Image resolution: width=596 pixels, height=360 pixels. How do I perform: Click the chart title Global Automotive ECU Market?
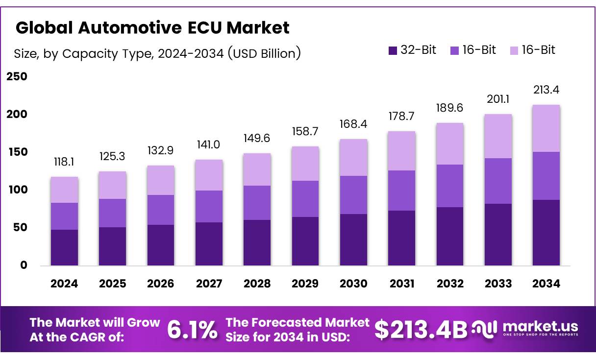(x=152, y=28)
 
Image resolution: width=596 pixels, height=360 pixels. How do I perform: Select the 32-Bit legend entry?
(x=412, y=50)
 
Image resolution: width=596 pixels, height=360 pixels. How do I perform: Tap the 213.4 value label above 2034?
(x=546, y=90)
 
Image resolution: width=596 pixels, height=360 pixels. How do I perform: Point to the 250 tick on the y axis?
(x=16, y=77)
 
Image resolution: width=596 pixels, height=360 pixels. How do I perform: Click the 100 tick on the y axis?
(x=16, y=190)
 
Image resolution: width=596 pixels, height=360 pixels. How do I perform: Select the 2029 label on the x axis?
(x=304, y=284)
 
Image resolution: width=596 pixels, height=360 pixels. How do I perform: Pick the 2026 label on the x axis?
(x=160, y=284)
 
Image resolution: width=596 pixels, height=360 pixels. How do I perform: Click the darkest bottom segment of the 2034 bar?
(x=546, y=233)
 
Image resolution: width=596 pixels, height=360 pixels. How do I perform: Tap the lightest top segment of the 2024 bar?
(x=64, y=190)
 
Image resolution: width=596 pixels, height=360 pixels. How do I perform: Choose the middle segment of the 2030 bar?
(x=352, y=195)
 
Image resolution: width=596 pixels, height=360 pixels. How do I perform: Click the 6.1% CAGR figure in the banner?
(x=192, y=330)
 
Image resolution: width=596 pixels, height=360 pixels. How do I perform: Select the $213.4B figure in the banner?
(x=421, y=330)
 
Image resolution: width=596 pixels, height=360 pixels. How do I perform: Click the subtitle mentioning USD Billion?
(x=157, y=53)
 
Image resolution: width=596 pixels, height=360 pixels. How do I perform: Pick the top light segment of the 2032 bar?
(x=450, y=144)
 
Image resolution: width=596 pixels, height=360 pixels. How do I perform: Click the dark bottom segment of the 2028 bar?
(x=256, y=243)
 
